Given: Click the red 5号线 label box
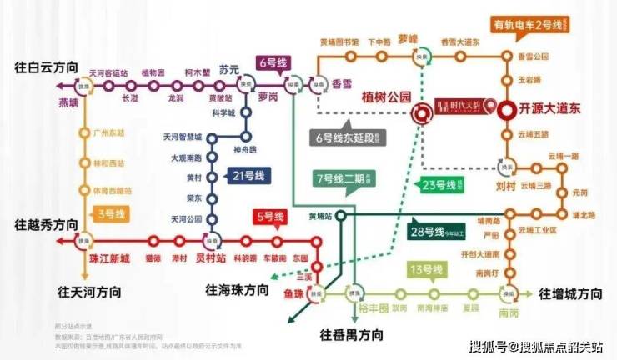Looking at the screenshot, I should (x=270, y=218).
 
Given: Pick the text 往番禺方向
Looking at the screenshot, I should (x=352, y=335).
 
